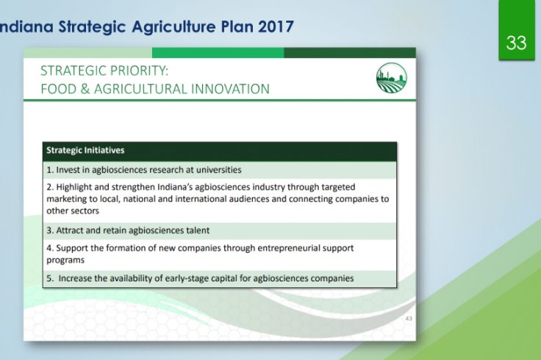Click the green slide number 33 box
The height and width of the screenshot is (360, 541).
click(517, 30)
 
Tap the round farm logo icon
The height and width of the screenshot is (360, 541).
click(392, 78)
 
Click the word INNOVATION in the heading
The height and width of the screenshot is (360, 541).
click(230, 89)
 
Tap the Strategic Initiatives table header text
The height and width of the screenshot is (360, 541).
click(85, 151)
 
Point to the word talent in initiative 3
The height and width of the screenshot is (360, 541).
click(198, 231)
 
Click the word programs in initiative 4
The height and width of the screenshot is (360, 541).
click(65, 260)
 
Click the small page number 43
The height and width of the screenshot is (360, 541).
click(409, 318)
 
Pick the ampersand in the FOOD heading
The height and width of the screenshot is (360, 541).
click(85, 89)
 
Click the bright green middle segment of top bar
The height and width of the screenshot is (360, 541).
click(218, 53)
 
